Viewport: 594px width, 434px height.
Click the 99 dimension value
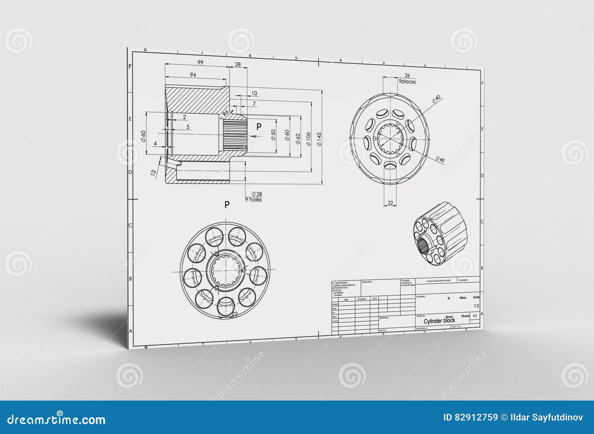tap(200, 62)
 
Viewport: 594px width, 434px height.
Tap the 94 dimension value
tap(193, 75)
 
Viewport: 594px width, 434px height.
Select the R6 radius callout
tap(226, 113)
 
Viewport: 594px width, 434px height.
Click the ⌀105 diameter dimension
tap(308, 139)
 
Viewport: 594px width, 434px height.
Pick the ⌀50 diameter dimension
tap(273, 135)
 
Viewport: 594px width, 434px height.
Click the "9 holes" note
tap(253, 200)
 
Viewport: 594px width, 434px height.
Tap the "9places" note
tap(407, 81)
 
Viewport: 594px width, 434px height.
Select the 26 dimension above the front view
tap(407, 75)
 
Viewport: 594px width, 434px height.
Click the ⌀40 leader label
tap(436, 98)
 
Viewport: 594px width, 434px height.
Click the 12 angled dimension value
tap(153, 172)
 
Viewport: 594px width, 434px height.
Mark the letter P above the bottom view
tap(227, 204)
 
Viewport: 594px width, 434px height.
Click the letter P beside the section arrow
tap(259, 126)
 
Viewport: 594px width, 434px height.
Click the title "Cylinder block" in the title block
tap(439, 321)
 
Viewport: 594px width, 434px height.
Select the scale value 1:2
tap(476, 306)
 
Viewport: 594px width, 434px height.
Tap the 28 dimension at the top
tap(238, 64)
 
